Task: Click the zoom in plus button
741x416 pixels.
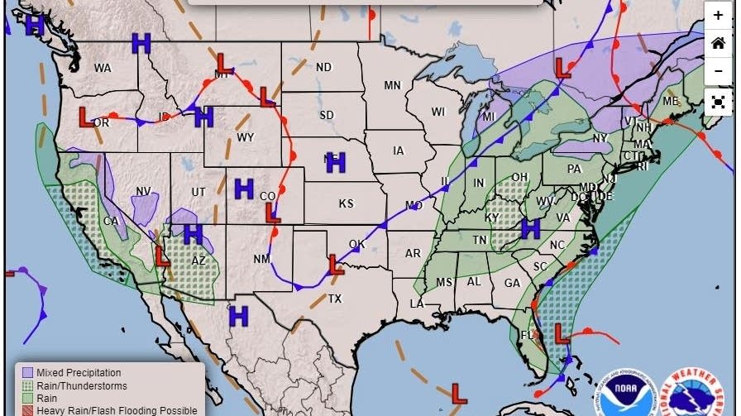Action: coord(718,16)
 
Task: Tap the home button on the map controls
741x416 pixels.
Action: coord(718,44)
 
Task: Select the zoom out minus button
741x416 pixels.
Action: coord(718,72)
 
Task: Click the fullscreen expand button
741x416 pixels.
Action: coord(718,102)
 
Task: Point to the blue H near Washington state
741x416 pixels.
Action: coord(141,44)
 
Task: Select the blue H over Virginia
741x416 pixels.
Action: coord(530,228)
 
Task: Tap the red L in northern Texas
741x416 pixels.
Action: coord(335,265)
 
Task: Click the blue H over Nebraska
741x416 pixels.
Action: coord(335,162)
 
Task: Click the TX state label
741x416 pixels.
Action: coord(335,299)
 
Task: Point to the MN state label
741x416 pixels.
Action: coord(392,85)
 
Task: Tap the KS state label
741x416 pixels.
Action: coord(346,203)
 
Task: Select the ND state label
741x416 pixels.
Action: coord(323,67)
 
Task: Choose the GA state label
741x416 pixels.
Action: coord(512,283)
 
